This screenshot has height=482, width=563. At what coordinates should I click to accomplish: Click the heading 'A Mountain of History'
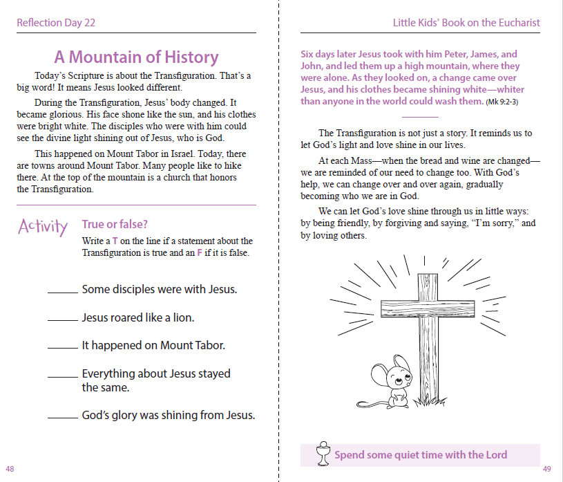(136, 57)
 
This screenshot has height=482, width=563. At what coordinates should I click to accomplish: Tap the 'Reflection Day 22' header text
(56, 23)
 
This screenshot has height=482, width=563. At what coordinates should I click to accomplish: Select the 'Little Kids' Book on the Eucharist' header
(466, 23)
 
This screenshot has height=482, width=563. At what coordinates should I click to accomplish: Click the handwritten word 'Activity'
(43, 227)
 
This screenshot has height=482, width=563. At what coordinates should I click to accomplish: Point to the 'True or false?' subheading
(115, 224)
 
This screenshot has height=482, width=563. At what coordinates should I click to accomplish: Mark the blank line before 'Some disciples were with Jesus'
(63, 293)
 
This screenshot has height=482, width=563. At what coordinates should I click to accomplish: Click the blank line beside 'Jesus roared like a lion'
(63, 321)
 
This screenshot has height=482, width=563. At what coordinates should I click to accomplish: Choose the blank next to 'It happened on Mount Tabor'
(63, 349)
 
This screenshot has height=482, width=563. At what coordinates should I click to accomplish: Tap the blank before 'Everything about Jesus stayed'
(63, 377)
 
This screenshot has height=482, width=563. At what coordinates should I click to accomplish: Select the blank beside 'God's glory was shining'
(63, 418)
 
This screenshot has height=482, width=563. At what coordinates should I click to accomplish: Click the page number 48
(10, 469)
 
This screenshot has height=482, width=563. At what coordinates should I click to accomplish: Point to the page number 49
(546, 469)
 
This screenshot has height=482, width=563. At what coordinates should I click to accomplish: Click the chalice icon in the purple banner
(322, 454)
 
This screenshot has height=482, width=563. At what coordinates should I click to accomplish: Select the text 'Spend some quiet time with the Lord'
(421, 455)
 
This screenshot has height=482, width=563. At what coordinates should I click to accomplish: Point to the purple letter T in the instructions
(115, 241)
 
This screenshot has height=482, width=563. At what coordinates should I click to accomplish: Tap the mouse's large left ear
(379, 373)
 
